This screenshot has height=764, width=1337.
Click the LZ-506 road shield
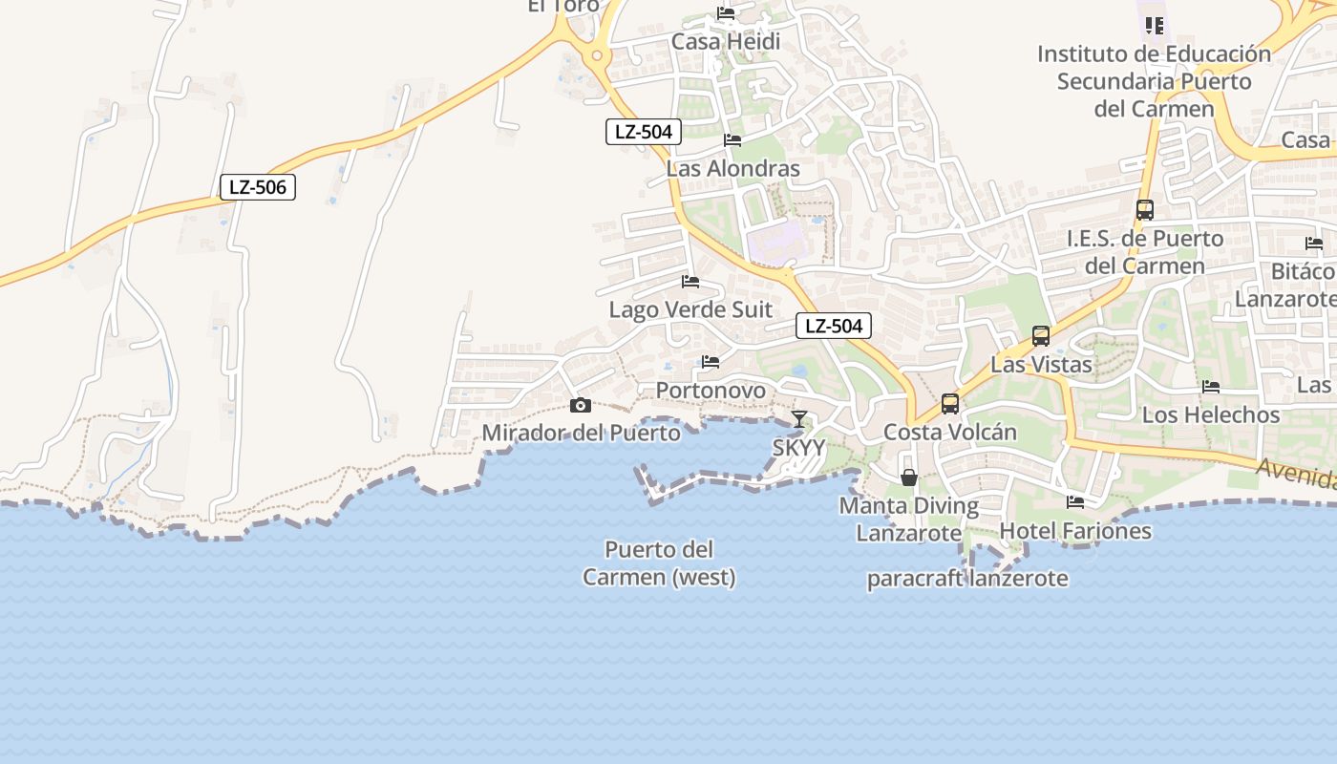click(258, 187)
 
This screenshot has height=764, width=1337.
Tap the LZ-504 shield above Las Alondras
click(644, 132)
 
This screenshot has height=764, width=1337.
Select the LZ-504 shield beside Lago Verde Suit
click(834, 326)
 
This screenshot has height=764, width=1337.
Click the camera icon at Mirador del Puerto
click(580, 405)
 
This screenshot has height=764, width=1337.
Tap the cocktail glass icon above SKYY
click(799, 418)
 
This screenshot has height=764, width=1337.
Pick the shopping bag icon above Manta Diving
click(909, 477)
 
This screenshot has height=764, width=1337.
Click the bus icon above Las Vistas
click(1041, 336)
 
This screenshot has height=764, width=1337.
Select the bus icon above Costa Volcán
click(950, 403)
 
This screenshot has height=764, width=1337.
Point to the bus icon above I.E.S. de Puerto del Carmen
click(1145, 209)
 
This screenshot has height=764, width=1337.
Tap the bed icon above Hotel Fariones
click(1075, 502)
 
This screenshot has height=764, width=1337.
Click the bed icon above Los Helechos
click(1211, 387)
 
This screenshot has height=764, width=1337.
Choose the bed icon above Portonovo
click(711, 362)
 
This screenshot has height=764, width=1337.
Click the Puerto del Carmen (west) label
click(659, 563)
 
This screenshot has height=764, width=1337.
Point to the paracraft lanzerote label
click(967, 579)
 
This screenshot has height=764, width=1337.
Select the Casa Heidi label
click(726, 42)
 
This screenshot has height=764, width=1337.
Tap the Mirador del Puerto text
click(581, 433)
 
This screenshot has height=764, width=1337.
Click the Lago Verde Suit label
click(690, 310)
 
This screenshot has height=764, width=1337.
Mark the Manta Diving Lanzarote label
click(909, 520)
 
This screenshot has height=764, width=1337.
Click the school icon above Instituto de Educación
click(1154, 26)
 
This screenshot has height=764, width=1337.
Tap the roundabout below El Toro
click(598, 55)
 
